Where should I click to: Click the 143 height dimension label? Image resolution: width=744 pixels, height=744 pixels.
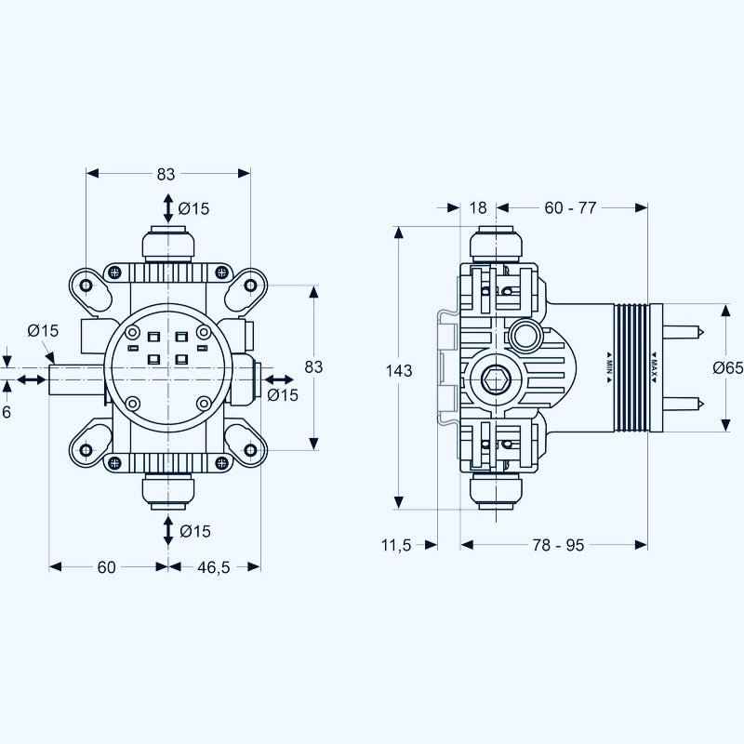pos(399,370)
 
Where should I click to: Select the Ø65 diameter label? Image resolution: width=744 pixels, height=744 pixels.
pos(728,368)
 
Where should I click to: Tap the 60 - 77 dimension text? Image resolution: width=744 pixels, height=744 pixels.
pos(570,207)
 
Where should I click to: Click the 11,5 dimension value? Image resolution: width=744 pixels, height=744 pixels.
pos(395,545)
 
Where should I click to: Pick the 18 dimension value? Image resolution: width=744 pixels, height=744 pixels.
pos(478,207)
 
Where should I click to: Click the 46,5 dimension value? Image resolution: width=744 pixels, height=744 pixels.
pos(214,566)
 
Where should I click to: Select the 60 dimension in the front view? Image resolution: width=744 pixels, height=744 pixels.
pos(106,566)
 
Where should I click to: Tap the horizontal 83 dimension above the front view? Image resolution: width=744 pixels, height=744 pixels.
pos(166,174)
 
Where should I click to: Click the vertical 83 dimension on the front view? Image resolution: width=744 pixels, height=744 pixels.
pos(313,366)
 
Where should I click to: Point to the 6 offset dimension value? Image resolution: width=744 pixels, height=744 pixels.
pos(7,411)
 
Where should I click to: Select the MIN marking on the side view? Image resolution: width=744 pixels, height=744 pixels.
pos(607,365)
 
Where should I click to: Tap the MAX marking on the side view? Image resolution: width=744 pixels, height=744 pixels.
pos(655,365)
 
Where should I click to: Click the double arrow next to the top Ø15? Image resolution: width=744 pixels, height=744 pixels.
pos(167,207)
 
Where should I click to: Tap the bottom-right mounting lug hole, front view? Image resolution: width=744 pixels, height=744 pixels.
pos(250,451)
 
